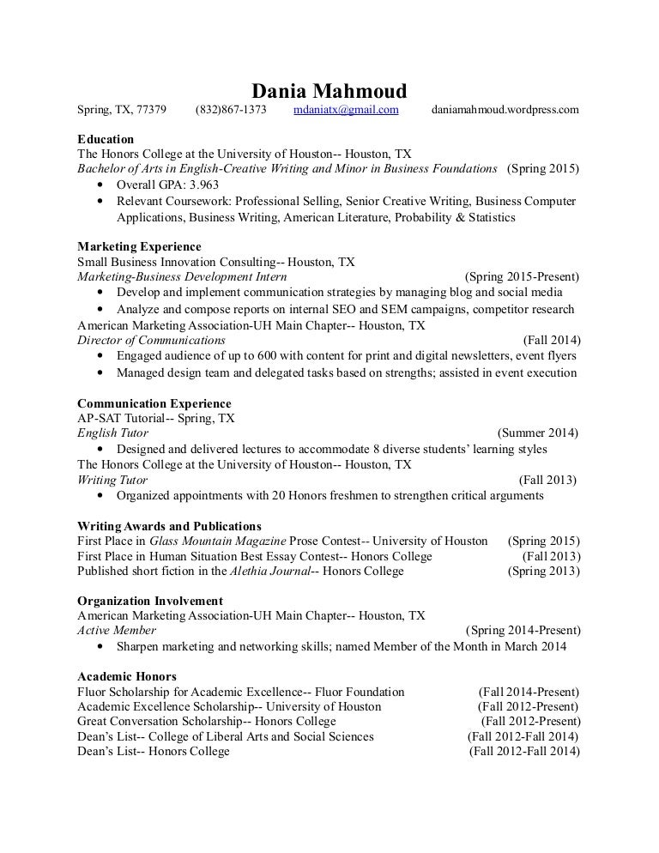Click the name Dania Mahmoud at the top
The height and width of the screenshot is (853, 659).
(329, 91)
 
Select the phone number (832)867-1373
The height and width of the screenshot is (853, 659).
(231, 111)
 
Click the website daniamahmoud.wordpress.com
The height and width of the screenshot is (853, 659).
(505, 111)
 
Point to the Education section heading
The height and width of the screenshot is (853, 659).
(106, 138)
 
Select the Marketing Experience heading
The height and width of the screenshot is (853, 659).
(139, 247)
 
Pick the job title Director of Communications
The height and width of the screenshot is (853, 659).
(151, 340)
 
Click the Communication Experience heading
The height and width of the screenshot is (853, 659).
(154, 403)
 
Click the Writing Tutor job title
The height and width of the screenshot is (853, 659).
(112, 481)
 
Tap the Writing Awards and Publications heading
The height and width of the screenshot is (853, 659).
(170, 526)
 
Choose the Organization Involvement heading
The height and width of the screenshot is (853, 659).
(150, 601)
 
